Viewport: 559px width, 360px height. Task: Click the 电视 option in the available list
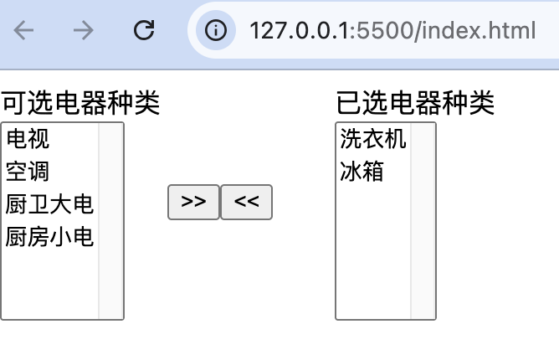(x=28, y=139)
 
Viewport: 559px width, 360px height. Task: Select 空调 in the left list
(x=28, y=172)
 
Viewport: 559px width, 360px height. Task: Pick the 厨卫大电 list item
(x=49, y=204)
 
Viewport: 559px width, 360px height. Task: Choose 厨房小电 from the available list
(x=49, y=237)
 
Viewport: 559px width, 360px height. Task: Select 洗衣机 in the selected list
(x=372, y=139)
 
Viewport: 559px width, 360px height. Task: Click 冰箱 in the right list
(x=362, y=172)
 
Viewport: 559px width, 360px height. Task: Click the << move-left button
(x=246, y=202)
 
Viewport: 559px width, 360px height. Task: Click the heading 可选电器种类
(x=80, y=104)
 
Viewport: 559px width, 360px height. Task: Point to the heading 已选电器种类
(x=415, y=104)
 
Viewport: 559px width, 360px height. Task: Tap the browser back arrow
(x=23, y=31)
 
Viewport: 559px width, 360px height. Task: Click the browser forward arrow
(x=83, y=31)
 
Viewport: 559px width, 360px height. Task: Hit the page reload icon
(x=145, y=31)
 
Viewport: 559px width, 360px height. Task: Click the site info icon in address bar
(x=216, y=31)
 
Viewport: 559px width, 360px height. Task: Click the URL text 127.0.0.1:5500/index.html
(x=392, y=31)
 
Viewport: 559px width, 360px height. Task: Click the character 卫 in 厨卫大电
(x=38, y=204)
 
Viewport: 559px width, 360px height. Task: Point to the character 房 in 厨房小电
(x=38, y=237)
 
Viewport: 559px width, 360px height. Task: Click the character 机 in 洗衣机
(x=395, y=139)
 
